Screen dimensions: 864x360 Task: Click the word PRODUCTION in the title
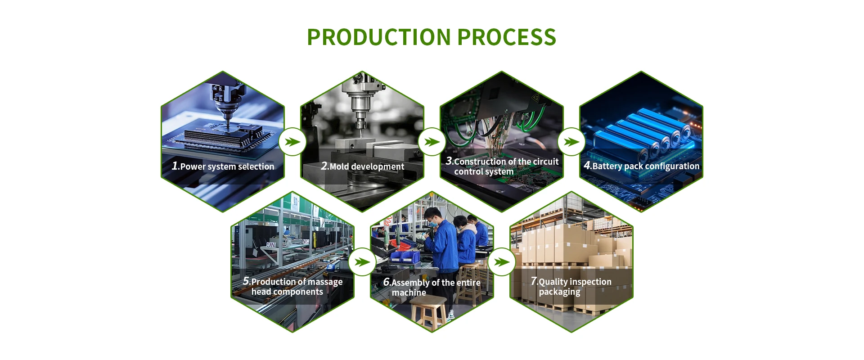click(379, 37)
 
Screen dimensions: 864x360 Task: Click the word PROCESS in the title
click(507, 37)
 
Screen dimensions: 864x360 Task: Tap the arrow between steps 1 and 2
click(292, 142)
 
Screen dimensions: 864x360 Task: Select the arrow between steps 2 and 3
click(432, 142)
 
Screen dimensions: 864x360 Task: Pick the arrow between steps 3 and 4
click(571, 142)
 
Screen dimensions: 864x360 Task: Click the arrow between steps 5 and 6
click(362, 262)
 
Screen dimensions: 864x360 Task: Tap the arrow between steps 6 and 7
click(502, 262)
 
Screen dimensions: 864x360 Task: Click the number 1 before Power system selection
click(175, 166)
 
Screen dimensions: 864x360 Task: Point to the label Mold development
click(367, 166)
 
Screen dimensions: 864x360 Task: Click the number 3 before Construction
click(449, 161)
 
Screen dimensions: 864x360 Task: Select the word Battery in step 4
click(607, 166)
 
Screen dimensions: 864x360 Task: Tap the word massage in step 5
click(325, 282)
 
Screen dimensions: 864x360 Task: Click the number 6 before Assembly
click(387, 282)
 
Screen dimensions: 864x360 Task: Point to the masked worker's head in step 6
click(433, 217)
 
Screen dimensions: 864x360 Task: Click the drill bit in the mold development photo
click(360, 130)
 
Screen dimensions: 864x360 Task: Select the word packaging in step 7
click(559, 292)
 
